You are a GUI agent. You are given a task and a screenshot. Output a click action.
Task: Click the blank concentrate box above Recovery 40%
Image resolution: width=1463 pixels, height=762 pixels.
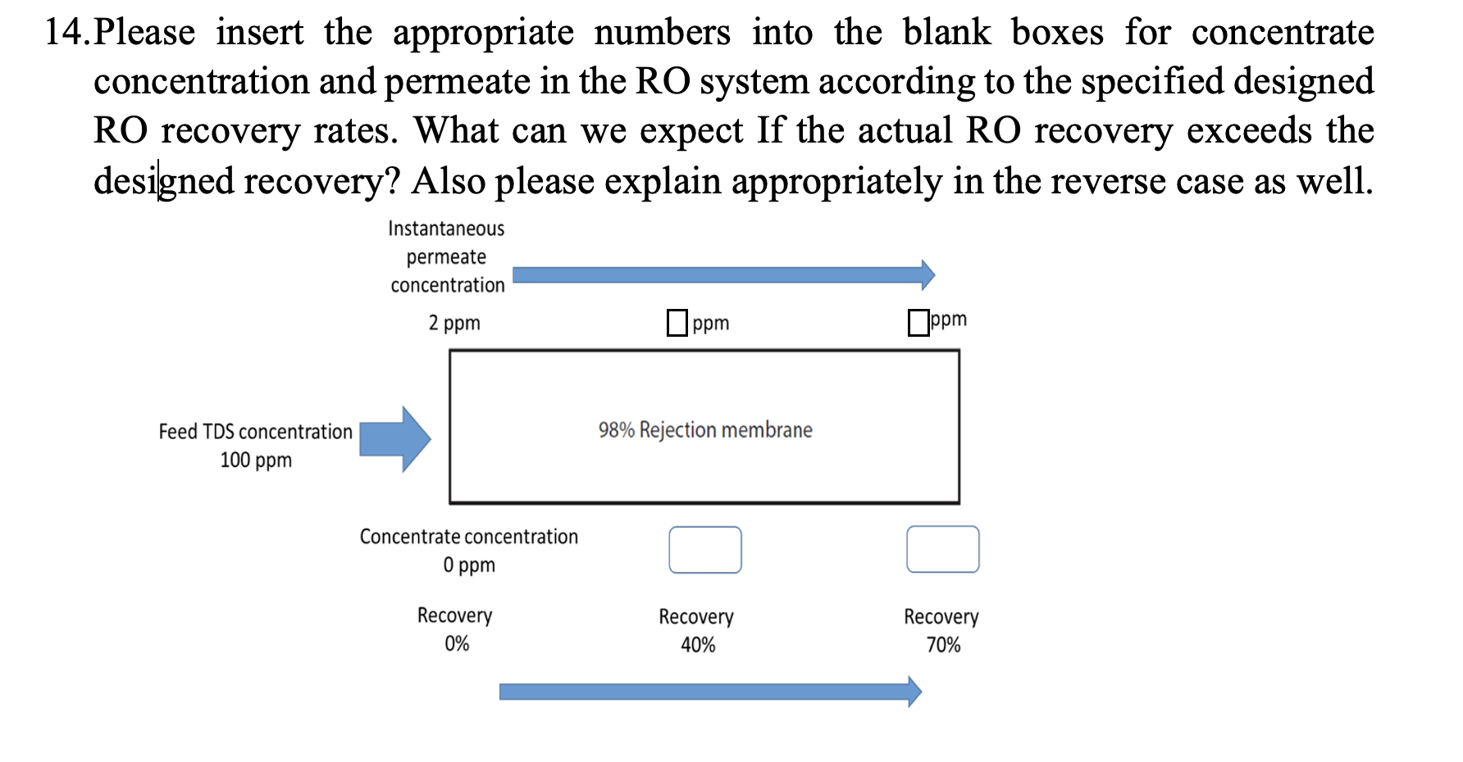[704, 550]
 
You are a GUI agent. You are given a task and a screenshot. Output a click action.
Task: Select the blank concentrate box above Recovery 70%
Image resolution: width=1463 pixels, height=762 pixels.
[942, 549]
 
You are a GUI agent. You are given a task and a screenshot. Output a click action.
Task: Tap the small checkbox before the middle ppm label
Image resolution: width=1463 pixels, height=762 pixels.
[677, 323]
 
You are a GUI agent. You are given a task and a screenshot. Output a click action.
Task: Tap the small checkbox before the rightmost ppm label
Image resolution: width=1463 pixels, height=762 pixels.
[918, 322]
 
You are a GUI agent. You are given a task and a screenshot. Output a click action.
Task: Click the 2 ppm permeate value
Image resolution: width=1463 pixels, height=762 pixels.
[454, 323]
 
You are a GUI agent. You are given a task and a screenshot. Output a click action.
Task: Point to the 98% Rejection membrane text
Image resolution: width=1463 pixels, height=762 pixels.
[704, 430]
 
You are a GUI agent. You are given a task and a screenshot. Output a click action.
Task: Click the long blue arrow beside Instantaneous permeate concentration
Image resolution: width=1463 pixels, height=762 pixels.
[722, 275]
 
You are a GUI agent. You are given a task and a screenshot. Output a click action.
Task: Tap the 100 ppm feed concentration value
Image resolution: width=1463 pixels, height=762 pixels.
[256, 460]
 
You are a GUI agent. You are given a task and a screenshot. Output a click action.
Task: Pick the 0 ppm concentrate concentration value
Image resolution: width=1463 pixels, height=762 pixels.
[469, 565]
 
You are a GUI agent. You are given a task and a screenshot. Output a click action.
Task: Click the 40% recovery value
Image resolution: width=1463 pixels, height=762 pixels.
[698, 646]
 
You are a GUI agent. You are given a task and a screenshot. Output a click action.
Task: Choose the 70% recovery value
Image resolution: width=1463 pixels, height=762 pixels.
[943, 646]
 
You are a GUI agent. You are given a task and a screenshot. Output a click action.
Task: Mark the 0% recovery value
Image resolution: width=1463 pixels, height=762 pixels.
[457, 644]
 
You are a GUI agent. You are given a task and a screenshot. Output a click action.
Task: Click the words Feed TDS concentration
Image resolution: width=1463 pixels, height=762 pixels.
[255, 432]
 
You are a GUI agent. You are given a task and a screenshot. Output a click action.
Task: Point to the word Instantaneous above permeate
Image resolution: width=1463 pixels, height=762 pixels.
[446, 229]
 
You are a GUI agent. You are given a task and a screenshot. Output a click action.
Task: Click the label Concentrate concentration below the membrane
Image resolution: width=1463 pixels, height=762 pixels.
[468, 537]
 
